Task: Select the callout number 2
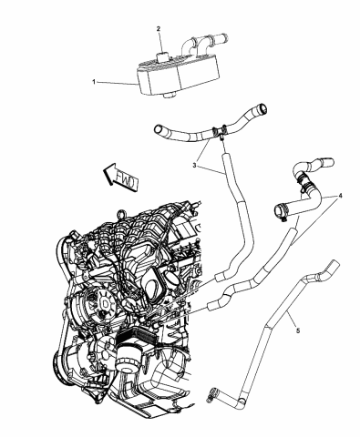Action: coord(159,29)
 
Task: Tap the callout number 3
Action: coord(193,167)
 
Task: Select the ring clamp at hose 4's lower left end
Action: coord(279,214)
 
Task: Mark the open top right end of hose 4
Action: coord(297,167)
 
